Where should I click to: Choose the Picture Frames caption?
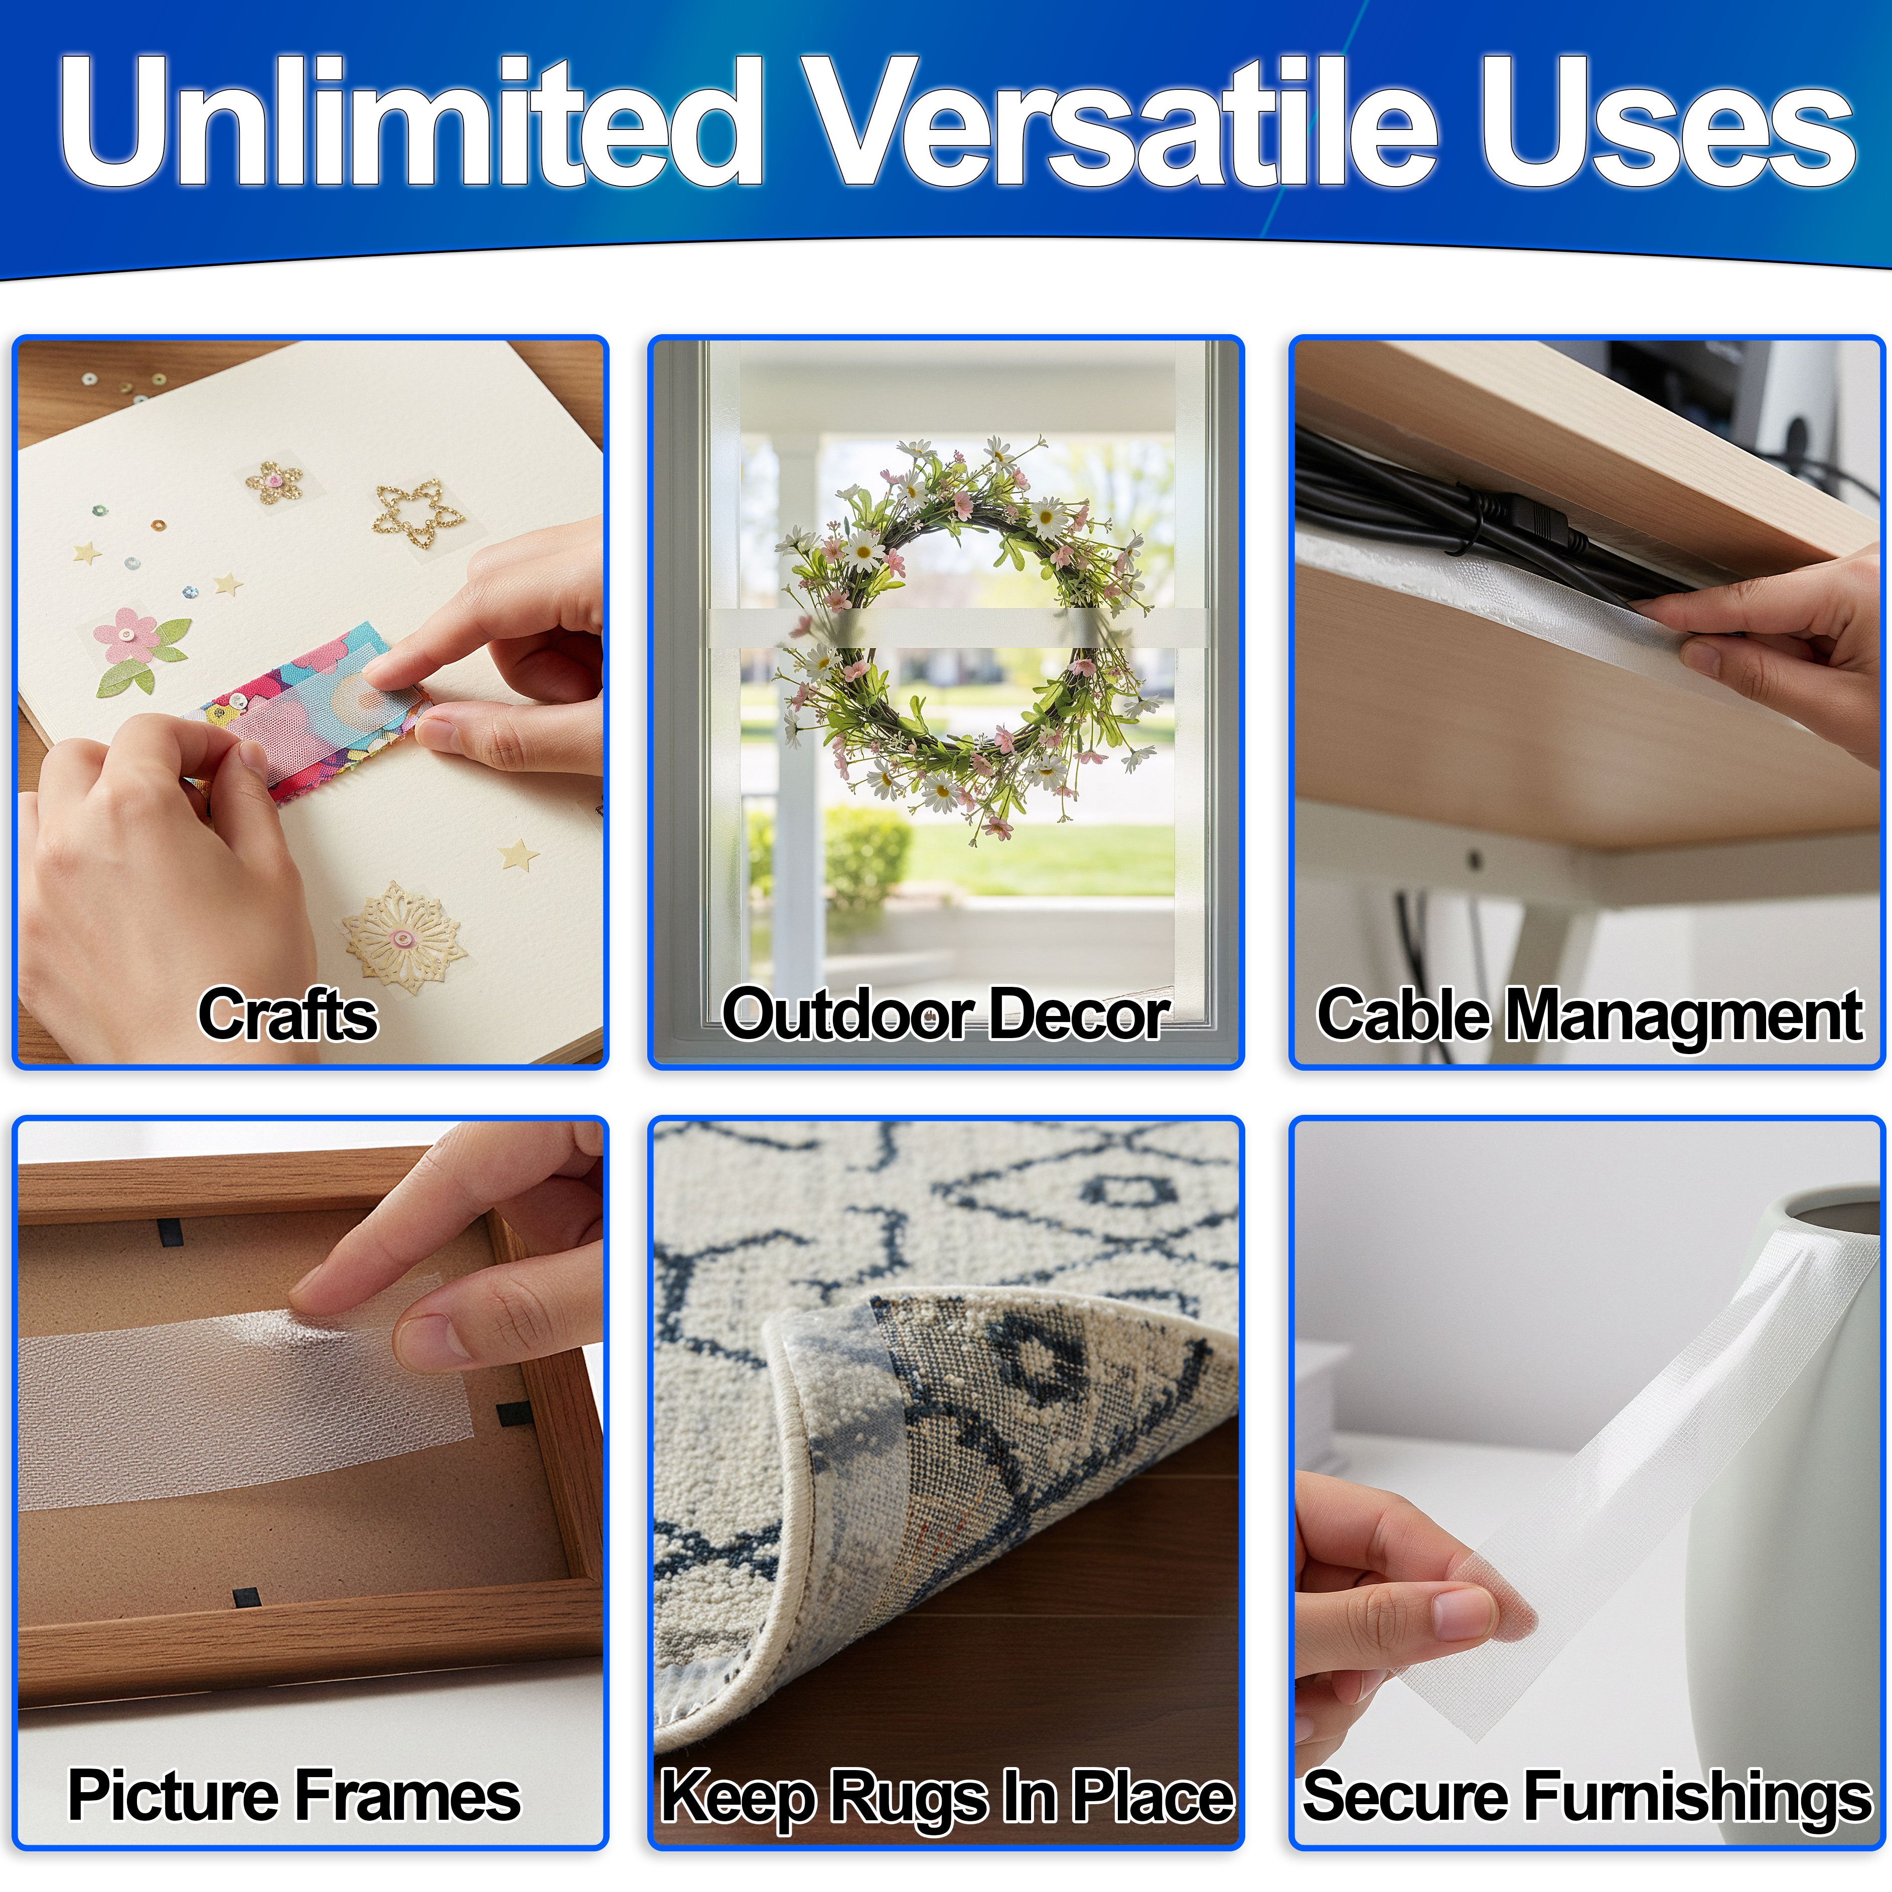pos(294,1795)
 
